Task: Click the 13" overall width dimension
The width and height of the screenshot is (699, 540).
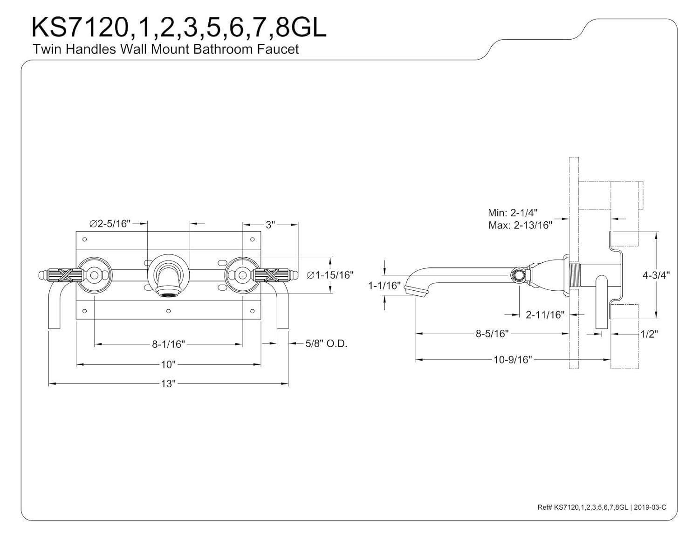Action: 168,383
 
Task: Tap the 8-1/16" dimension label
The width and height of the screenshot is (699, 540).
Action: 168,344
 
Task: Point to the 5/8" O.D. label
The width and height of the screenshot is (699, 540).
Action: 326,344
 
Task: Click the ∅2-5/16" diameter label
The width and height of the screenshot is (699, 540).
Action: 110,224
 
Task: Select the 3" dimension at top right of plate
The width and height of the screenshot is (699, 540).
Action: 270,225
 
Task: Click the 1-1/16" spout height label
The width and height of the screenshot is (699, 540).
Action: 384,286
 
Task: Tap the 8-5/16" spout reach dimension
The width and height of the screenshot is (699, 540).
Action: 492,334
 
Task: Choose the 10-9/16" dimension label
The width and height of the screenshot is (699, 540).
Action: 513,359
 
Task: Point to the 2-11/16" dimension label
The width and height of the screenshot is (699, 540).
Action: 545,315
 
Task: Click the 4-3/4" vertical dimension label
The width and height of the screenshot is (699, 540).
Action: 656,275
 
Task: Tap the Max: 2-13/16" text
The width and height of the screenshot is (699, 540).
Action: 520,226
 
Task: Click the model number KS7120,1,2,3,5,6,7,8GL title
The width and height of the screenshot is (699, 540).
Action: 178,28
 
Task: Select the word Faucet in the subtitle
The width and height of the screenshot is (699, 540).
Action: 278,49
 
